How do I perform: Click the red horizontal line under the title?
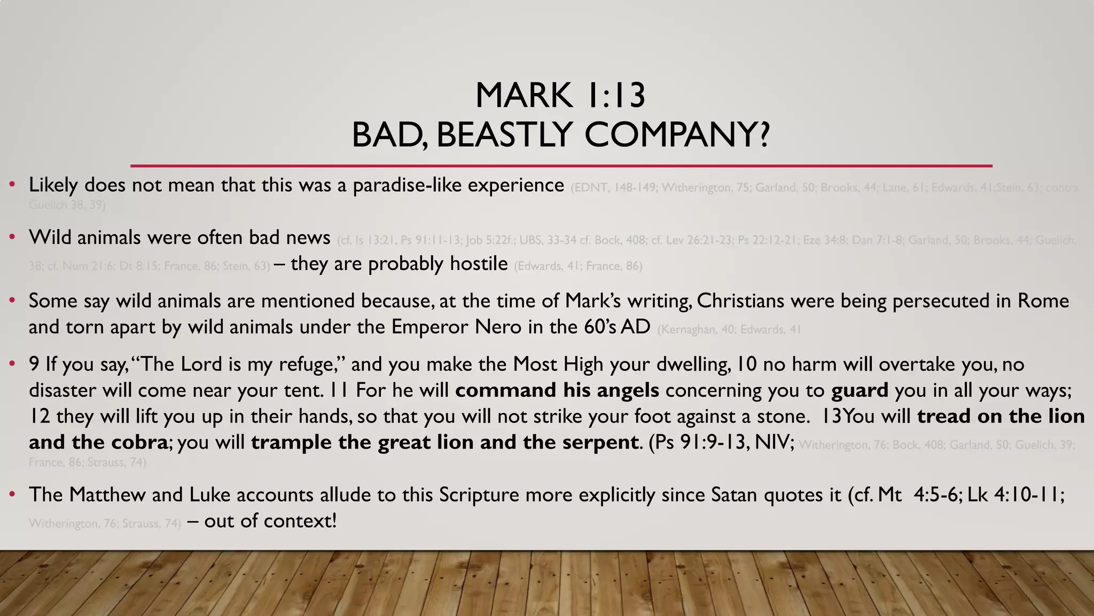click(x=561, y=166)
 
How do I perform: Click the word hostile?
click(x=479, y=264)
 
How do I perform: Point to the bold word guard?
click(x=859, y=390)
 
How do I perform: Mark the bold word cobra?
click(x=139, y=442)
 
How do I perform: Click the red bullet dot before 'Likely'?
click(x=12, y=185)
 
